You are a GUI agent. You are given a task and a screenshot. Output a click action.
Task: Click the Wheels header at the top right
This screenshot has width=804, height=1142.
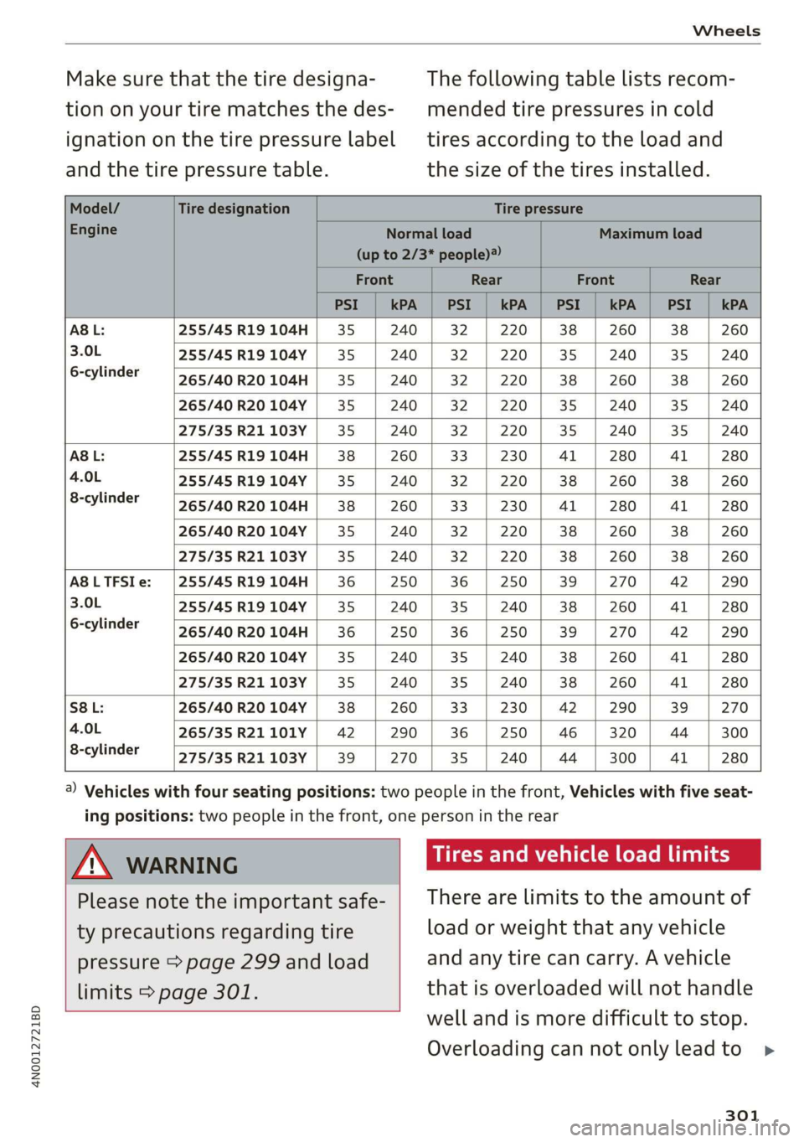[x=726, y=31]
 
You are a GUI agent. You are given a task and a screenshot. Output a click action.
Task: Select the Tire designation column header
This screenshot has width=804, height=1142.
[x=234, y=209]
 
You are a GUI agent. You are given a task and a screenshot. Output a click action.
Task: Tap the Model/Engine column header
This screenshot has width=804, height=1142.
[x=94, y=219]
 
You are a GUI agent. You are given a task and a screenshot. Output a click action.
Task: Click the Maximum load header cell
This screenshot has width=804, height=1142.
[x=650, y=234]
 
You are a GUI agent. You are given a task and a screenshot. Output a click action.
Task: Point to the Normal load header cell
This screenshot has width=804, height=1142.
[x=428, y=244]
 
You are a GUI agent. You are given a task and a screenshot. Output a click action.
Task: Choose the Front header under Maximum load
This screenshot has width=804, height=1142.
[x=595, y=280]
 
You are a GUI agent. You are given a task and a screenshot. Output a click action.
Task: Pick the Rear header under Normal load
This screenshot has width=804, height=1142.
[x=486, y=280]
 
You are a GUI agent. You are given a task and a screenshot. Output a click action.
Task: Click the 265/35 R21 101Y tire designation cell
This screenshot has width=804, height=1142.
[x=243, y=732]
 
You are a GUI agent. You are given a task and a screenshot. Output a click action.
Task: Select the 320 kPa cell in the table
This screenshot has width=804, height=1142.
[x=622, y=732]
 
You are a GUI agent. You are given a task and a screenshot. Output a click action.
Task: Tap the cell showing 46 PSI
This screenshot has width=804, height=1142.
[x=568, y=732]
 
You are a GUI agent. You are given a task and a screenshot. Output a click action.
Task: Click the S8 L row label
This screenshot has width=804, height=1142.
[x=87, y=707]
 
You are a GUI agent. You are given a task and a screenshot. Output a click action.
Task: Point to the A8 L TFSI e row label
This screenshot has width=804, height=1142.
[x=111, y=581]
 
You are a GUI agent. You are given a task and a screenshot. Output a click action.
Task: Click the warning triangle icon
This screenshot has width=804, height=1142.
[x=92, y=863]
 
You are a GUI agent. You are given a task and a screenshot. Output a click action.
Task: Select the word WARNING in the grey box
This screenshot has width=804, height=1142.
[x=182, y=866]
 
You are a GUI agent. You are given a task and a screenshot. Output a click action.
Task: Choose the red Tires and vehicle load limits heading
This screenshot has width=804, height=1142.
[x=581, y=855]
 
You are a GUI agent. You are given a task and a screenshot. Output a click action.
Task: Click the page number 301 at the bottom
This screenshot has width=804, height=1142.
[x=742, y=1115]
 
